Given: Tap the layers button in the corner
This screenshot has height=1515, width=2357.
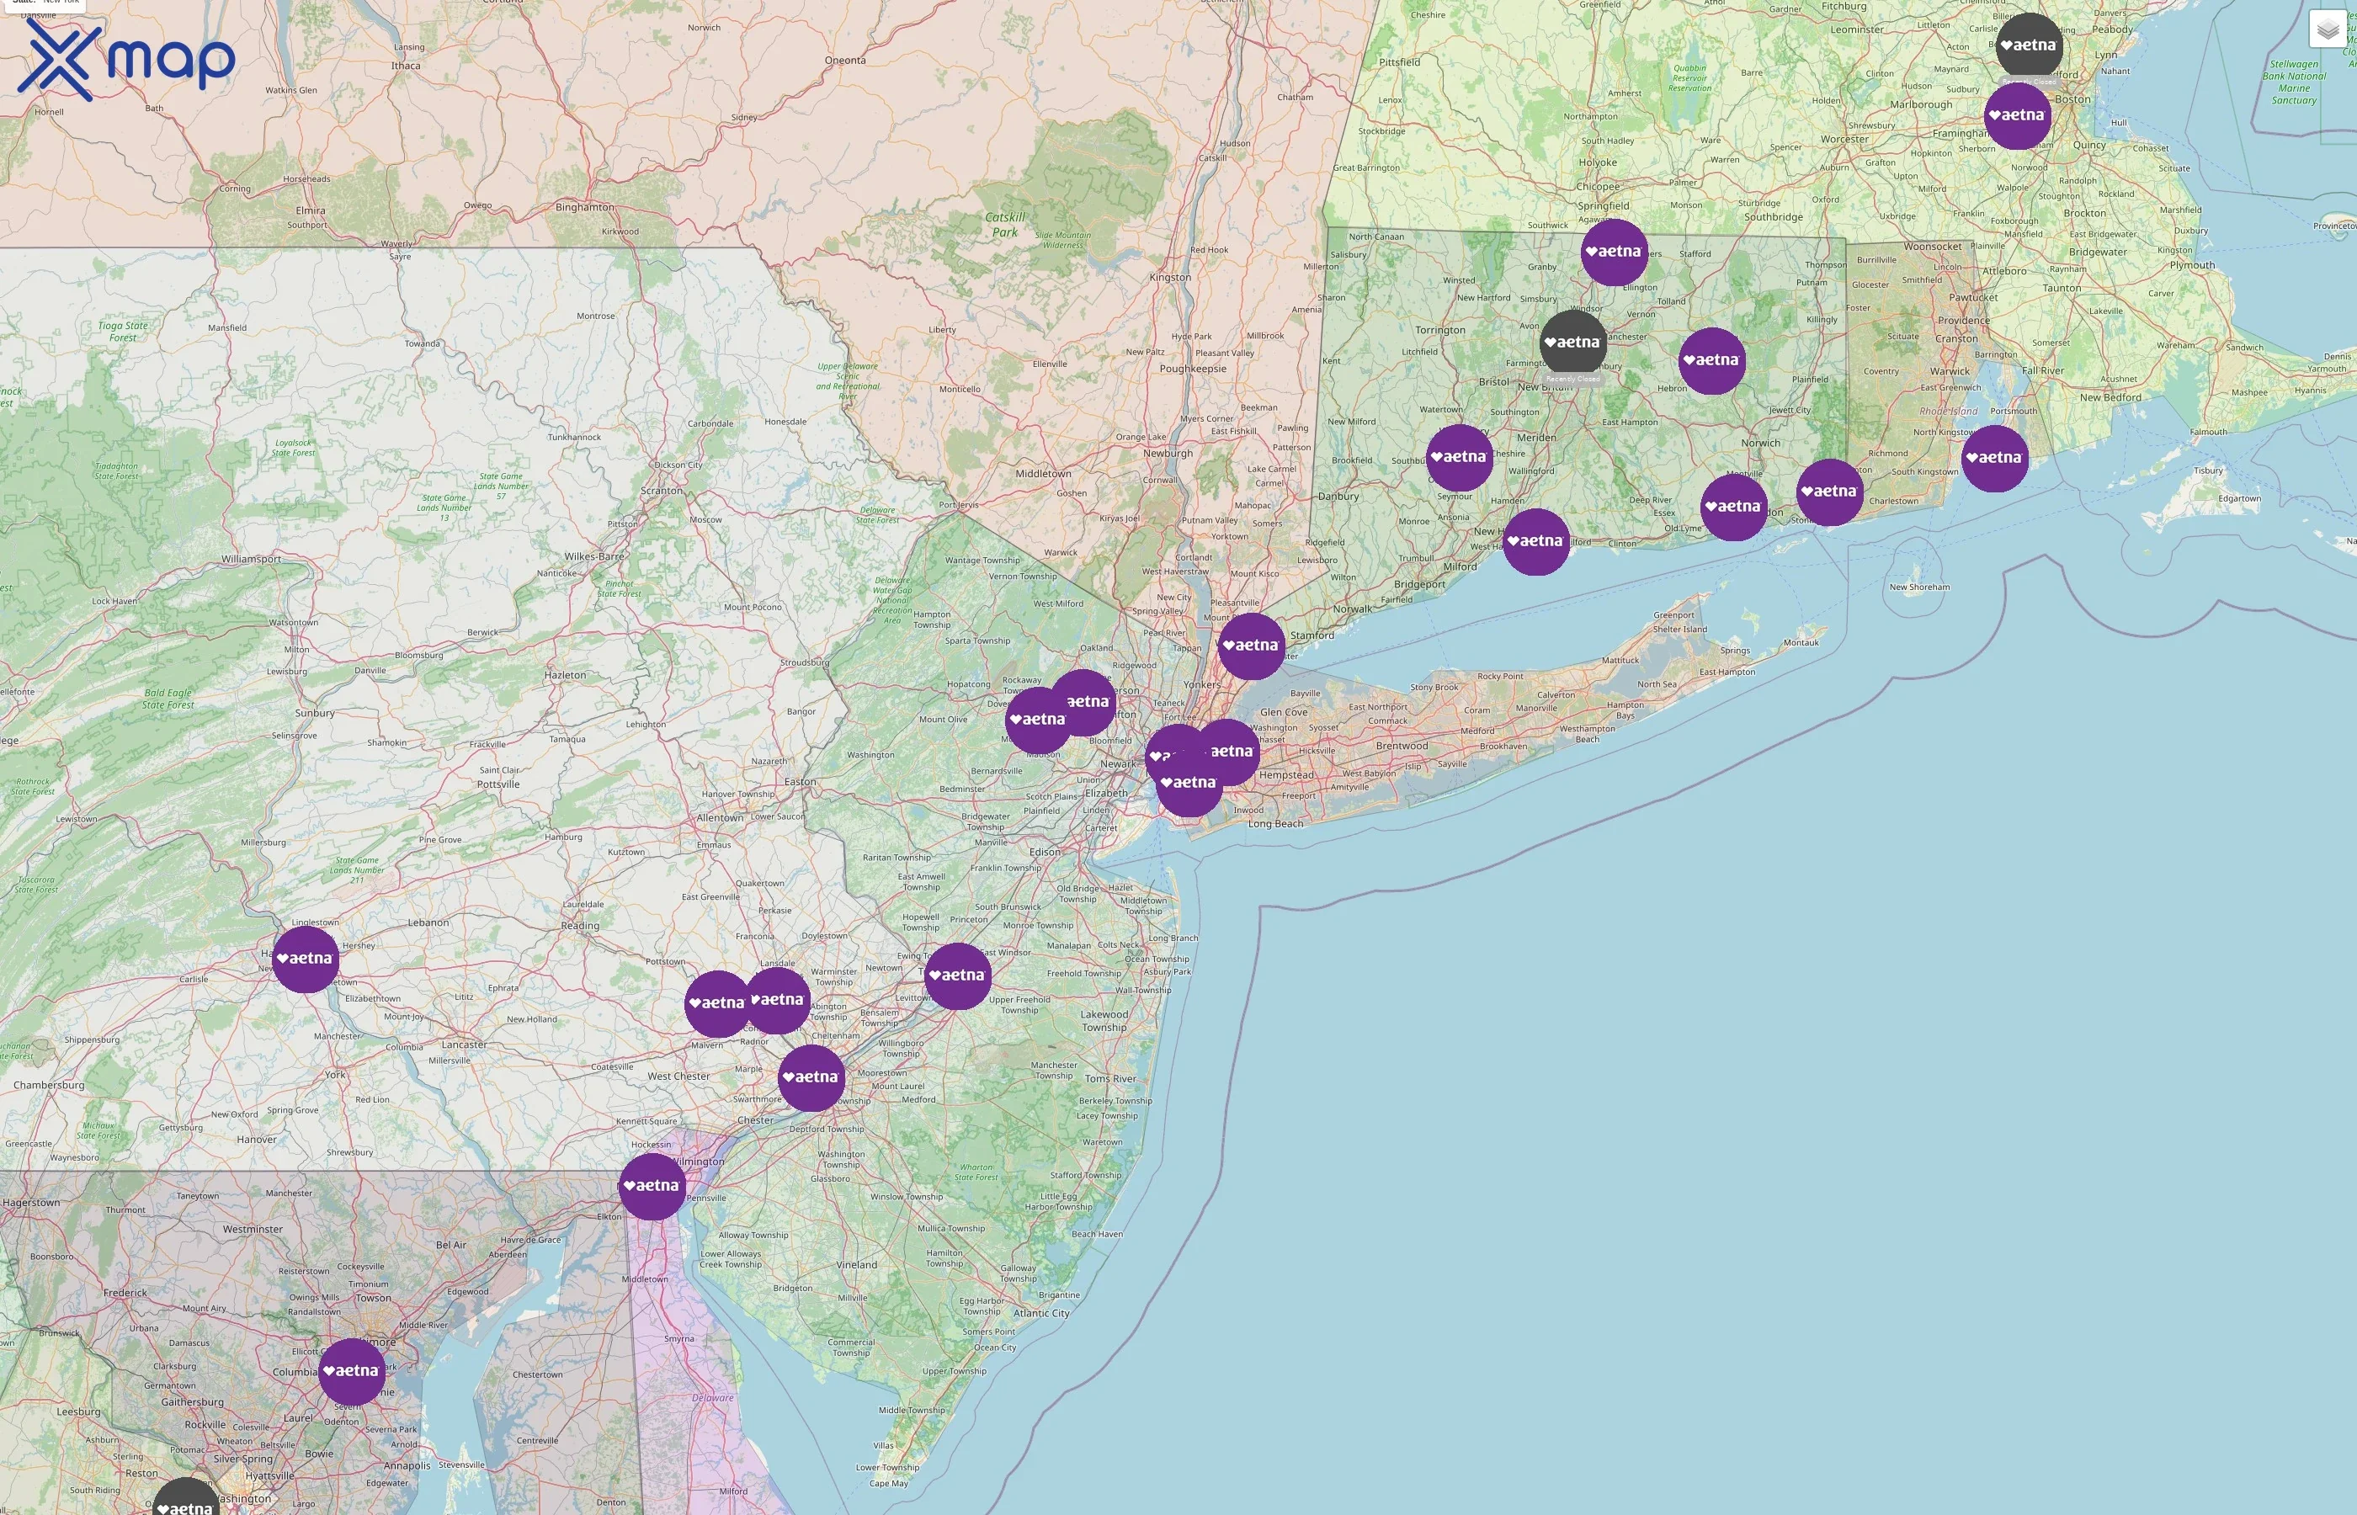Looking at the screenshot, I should point(2328,29).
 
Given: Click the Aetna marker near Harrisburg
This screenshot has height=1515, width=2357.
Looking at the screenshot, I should point(305,958).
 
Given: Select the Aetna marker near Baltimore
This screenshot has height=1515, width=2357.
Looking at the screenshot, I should point(351,1370).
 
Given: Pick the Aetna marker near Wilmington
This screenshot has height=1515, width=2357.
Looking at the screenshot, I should point(652,1185).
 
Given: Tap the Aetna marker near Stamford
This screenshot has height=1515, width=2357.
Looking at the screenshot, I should point(1250,646).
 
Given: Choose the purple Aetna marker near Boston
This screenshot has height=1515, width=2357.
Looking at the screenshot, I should point(2017,115).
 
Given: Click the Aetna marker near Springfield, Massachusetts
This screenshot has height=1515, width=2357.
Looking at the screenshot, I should point(1614,252).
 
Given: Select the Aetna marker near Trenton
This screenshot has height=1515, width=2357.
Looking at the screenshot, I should point(956,975).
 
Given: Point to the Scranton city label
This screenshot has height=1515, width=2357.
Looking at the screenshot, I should point(661,490).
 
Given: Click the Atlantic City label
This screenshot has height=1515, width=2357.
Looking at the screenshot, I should point(1040,1312).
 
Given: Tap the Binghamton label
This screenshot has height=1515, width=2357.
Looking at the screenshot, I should point(584,206).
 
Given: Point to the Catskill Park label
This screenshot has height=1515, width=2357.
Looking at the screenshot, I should point(1004,224).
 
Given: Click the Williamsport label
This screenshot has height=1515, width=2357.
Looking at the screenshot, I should point(251,559).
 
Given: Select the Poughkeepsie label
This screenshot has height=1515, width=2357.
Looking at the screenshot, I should point(1192,369).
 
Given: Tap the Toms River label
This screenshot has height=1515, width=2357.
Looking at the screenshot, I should point(1109,1078).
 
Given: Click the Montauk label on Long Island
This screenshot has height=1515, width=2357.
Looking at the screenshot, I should point(1801,642).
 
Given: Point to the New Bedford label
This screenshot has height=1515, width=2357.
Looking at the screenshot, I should point(2110,397).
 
